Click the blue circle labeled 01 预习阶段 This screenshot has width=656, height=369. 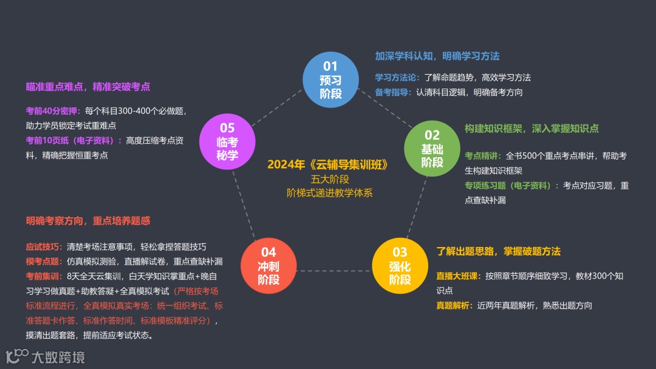click(330, 80)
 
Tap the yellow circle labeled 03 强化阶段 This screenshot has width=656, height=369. click(400, 266)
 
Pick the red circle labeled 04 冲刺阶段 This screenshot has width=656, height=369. click(268, 266)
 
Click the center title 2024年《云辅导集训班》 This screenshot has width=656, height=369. click(327, 165)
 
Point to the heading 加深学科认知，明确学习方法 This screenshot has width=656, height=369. click(437, 56)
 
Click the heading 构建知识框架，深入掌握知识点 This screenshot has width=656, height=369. click(531, 129)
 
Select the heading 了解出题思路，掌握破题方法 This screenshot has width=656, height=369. click(498, 251)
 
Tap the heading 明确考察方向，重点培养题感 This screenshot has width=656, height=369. click(87, 222)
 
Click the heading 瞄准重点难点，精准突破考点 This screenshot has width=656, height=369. click(87, 87)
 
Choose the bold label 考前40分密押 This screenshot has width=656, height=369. click(53, 111)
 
